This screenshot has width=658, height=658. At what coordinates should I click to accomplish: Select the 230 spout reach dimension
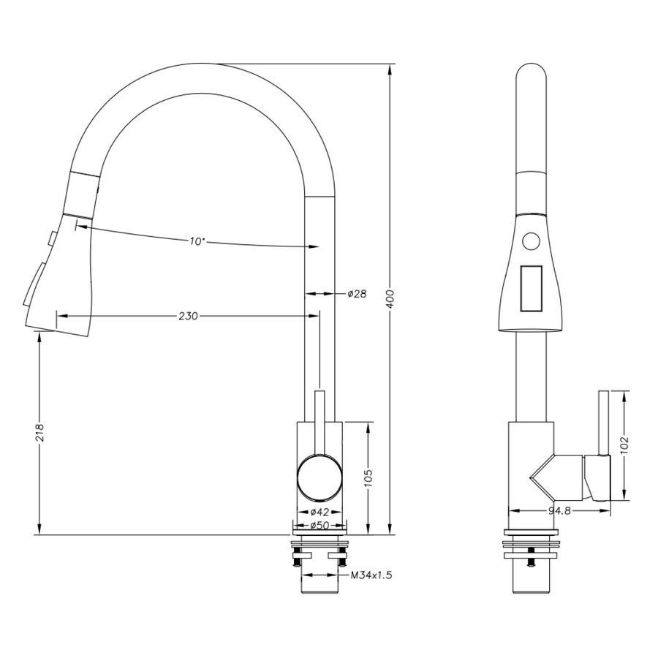pos(188,316)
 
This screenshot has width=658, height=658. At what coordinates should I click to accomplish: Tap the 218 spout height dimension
pos(40,433)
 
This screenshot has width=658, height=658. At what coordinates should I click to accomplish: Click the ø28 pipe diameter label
pos(356,294)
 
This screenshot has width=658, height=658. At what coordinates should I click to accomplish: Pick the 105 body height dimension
pos(369,478)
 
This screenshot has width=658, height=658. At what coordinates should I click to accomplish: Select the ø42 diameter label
pos(317,512)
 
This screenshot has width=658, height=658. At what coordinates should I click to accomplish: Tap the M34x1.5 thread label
pos(371,575)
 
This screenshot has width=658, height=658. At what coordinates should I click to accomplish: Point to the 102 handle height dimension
pos(624,445)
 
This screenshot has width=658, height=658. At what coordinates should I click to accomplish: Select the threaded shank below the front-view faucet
pos(319,585)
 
